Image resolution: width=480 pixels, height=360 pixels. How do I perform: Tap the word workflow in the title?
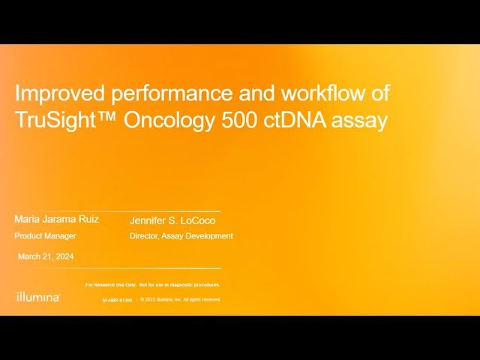[313, 94]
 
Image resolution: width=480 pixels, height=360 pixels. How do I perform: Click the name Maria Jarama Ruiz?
[56, 219]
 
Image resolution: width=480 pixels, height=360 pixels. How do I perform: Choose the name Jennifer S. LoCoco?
[172, 220]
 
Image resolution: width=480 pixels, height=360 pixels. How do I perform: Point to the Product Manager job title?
[45, 235]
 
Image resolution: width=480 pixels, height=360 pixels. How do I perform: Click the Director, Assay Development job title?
[181, 235]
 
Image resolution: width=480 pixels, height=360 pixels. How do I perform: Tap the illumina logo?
[38, 296]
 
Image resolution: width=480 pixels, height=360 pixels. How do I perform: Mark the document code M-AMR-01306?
[117, 299]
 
